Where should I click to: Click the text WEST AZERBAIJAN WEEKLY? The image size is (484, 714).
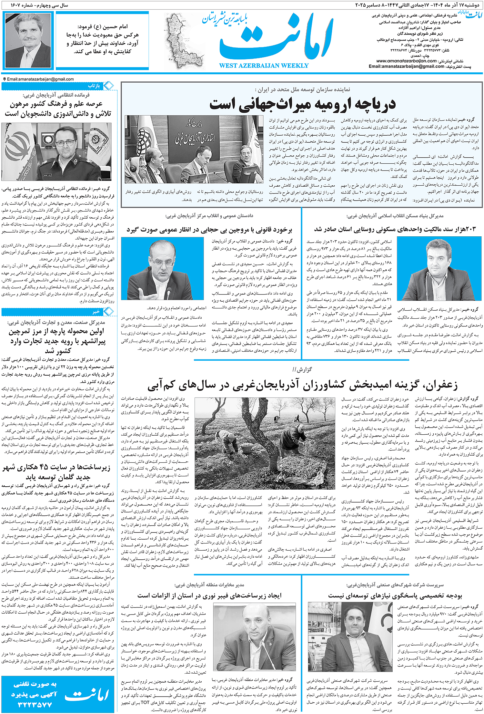coord(264,66)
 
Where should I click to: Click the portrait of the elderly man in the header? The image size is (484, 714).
coord(28,40)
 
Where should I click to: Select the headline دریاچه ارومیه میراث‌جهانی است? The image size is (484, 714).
coord(302,104)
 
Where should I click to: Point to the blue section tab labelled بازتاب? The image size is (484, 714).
coord(94,86)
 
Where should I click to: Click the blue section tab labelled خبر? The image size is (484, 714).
coord(96,312)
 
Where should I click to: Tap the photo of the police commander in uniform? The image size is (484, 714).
coord(56,151)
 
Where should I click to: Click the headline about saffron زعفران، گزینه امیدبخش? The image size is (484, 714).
coord(302,385)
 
